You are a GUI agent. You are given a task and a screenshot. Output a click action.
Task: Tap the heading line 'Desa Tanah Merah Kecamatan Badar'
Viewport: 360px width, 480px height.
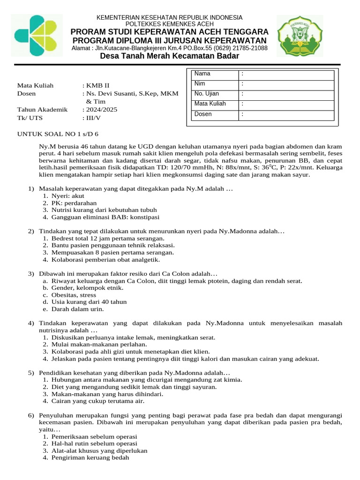pyautogui.click(x=170, y=56)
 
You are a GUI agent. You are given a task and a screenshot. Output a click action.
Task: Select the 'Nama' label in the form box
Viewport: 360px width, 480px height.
pyautogui.click(x=202, y=74)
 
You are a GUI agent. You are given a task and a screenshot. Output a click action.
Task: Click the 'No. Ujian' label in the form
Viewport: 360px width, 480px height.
pyautogui.click(x=207, y=94)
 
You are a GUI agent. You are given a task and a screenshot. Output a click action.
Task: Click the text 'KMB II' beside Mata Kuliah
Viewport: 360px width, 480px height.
pyautogui.click(x=97, y=86)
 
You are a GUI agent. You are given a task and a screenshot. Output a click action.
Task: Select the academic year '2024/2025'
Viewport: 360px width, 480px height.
pyautogui.click(x=102, y=110)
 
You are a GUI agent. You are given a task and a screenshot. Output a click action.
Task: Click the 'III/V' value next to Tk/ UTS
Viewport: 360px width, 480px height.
pyautogui.click(x=94, y=118)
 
